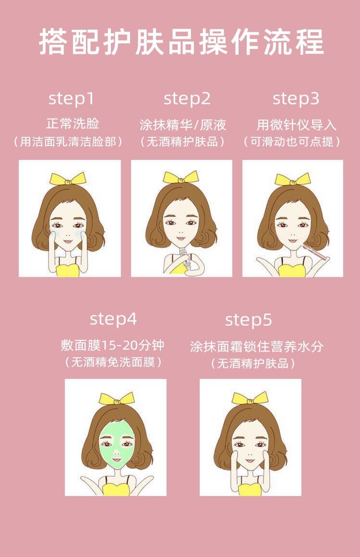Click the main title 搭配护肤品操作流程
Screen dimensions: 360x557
181,42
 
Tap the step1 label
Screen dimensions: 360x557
72,98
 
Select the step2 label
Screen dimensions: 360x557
187,99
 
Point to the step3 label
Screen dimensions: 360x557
296,99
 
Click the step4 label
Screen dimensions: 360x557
113,319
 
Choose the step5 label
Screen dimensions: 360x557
249,320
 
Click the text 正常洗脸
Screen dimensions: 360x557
72,123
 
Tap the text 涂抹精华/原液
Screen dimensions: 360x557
183,124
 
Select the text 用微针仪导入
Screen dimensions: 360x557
296,125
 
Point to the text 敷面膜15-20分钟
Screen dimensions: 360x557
112,345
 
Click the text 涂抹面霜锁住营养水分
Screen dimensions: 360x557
256,346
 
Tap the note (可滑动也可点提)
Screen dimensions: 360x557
292,142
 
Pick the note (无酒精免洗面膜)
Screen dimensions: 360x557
113,363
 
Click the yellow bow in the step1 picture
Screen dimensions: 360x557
68,179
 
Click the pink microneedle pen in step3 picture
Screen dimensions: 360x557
314,252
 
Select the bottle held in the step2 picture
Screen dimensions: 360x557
185,258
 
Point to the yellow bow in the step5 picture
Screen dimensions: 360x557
250,398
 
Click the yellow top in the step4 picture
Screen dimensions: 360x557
116,489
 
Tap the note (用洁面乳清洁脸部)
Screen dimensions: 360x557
68,142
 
